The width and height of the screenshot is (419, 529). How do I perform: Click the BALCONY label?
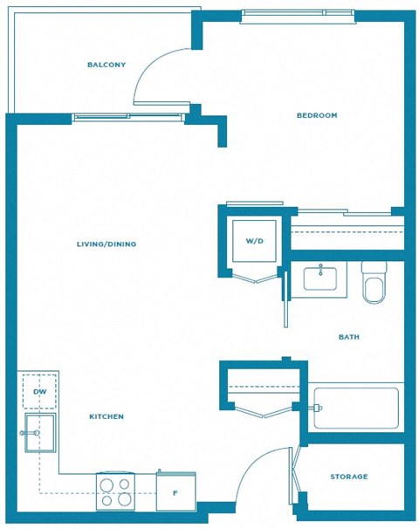click(x=106, y=65)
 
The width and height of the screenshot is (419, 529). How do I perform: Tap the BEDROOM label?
click(x=317, y=115)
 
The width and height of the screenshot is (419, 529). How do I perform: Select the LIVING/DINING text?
click(x=106, y=244)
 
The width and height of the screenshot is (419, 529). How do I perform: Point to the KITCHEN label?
click(x=106, y=417)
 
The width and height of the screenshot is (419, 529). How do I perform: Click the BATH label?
click(x=349, y=337)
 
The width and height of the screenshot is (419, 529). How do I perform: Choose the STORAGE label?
click(x=349, y=477)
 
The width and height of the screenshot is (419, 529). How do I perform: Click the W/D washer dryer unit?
click(x=254, y=240)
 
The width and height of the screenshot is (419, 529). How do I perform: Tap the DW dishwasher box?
click(x=39, y=391)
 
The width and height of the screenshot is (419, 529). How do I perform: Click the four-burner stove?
click(x=116, y=491)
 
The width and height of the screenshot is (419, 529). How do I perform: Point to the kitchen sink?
click(x=39, y=433)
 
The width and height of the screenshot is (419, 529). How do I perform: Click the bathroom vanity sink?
click(x=326, y=278)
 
